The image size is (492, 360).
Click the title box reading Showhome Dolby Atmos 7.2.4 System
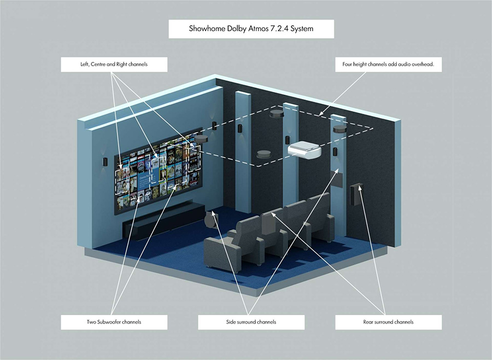point(250,29)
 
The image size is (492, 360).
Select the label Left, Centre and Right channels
point(114,65)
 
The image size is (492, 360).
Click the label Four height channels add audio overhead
point(388,65)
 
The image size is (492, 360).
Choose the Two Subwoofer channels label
point(114,322)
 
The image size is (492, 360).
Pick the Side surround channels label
point(251,322)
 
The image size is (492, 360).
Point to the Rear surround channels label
point(388,322)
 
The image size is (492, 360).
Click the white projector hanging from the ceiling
point(305,148)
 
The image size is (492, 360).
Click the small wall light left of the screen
point(104,161)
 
